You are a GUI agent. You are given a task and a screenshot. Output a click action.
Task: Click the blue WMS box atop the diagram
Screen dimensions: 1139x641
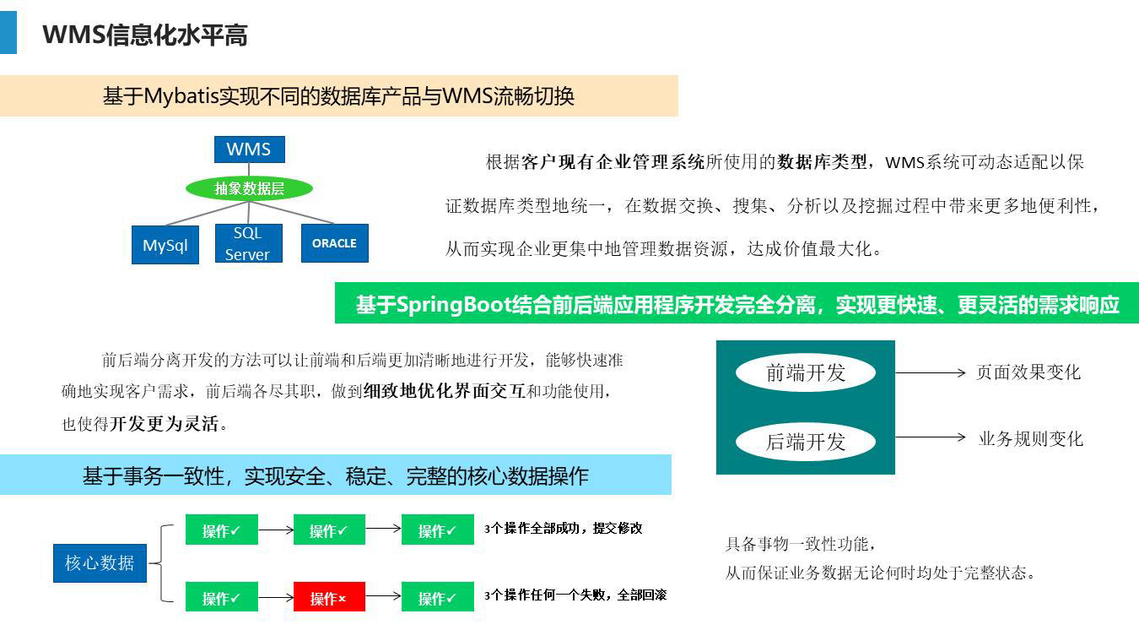coord(249,149)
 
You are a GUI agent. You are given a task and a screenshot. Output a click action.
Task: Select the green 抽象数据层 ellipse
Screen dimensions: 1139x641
coord(249,188)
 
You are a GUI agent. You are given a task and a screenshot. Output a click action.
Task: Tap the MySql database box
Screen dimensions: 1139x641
coord(165,245)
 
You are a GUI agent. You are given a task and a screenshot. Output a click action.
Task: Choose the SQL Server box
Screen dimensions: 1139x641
coord(249,243)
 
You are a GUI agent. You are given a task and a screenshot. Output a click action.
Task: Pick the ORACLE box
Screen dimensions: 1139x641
coord(335,243)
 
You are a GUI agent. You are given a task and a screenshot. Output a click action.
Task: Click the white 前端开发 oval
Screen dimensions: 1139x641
coord(806,372)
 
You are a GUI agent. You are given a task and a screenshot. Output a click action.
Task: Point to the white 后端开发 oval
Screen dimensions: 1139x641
coord(806,442)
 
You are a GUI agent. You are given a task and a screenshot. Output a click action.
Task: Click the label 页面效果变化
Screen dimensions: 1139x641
coord(1028,372)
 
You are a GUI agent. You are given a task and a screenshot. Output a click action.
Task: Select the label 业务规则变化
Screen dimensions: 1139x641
coord(1031,438)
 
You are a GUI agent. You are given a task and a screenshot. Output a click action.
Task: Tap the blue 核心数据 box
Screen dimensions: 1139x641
coord(100,563)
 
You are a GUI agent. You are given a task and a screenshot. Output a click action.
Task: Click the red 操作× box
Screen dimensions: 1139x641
coord(329,597)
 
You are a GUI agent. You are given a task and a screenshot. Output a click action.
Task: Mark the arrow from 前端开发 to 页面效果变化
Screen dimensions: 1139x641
coord(930,372)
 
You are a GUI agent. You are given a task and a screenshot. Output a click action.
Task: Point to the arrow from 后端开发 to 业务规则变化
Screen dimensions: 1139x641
coord(930,437)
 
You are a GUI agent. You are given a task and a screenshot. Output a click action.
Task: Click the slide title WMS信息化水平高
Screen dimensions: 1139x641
coord(145,35)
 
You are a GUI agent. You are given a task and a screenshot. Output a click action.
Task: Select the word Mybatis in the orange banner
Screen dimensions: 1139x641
coord(181,96)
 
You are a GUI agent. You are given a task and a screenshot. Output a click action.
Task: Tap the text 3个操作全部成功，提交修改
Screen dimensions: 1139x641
coord(563,529)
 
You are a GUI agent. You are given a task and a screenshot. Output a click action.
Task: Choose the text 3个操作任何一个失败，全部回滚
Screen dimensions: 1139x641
coord(575,595)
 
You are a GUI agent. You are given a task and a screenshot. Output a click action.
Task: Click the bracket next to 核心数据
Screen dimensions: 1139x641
coord(162,563)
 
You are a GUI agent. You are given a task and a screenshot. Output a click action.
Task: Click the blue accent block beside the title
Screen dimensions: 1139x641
coord(8,32)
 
